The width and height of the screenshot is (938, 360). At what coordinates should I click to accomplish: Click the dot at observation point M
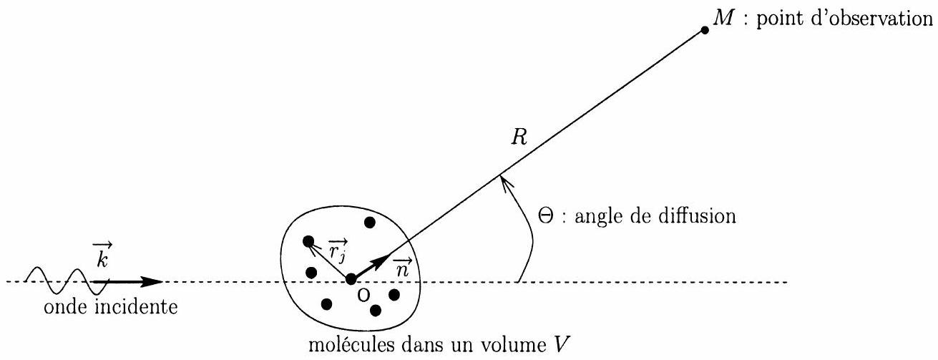coord(705,30)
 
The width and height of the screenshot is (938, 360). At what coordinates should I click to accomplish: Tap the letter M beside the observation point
coord(723,18)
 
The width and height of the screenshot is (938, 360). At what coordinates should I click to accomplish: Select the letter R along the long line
coord(519,137)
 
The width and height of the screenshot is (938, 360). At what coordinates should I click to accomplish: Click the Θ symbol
coord(546,217)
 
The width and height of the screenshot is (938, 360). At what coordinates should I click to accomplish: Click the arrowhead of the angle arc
coord(505,184)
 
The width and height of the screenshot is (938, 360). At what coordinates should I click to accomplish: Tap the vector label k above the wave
coord(102,255)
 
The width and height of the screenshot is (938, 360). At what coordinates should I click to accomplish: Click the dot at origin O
coord(351,278)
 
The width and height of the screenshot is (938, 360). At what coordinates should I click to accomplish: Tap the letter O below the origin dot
coord(364,296)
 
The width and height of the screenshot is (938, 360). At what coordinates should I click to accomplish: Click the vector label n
coord(403,267)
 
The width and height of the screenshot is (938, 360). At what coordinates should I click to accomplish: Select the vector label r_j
coord(338,250)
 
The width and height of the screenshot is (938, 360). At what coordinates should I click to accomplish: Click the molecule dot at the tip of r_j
coord(308,241)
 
